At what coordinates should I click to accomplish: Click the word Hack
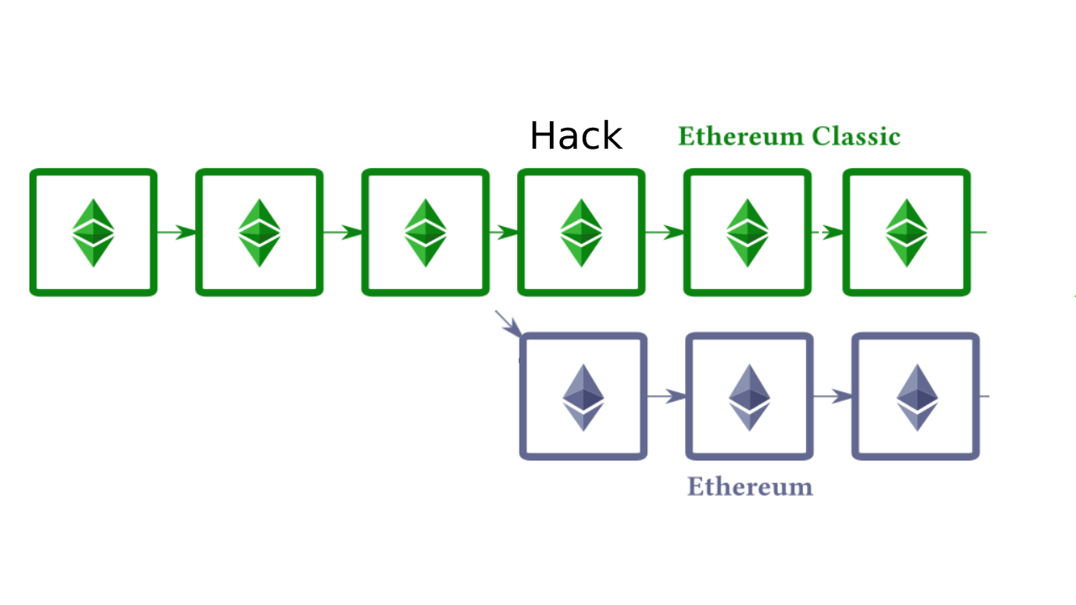(x=576, y=136)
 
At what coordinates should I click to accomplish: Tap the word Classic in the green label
(x=857, y=137)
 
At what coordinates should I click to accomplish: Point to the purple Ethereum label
(x=750, y=487)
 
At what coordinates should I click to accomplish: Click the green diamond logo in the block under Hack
(x=581, y=233)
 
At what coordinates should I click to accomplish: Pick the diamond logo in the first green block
(x=93, y=233)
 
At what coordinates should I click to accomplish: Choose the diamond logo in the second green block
(x=259, y=233)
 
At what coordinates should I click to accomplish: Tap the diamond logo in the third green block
(x=425, y=233)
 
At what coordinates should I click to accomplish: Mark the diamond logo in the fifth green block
(x=747, y=233)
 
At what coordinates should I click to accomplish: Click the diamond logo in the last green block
(x=906, y=233)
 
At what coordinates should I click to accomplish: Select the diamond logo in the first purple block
(x=583, y=397)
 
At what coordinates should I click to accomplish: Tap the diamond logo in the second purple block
(x=749, y=397)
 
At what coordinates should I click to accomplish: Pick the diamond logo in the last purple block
(x=916, y=397)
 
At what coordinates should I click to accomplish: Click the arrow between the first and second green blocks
(x=177, y=232)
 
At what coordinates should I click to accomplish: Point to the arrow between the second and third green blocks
(x=342, y=232)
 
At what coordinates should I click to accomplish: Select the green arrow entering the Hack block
(x=504, y=232)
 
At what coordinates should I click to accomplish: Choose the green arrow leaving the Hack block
(x=665, y=232)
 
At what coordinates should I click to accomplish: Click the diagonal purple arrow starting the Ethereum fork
(x=509, y=324)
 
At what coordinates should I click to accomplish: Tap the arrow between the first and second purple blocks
(x=667, y=396)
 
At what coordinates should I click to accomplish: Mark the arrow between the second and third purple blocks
(x=833, y=396)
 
